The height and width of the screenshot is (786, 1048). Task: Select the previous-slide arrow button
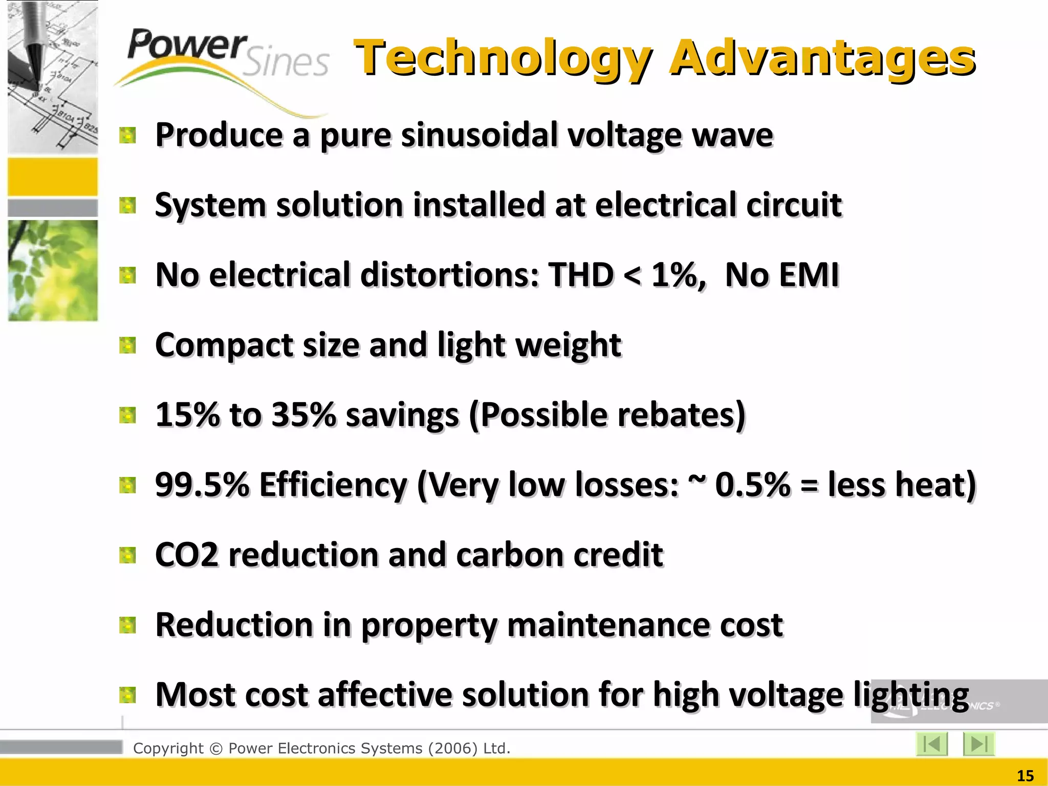click(x=932, y=744)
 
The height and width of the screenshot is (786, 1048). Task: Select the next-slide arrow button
click(x=978, y=744)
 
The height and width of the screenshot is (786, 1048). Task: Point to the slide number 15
click(x=1025, y=776)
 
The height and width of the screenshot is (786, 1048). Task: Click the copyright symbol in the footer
click(x=216, y=749)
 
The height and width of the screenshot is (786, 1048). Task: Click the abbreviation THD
click(x=581, y=275)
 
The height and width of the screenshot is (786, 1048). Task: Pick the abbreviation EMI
click(x=808, y=275)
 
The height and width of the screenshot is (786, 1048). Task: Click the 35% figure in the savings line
click(x=303, y=414)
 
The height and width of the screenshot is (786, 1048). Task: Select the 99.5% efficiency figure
click(x=202, y=484)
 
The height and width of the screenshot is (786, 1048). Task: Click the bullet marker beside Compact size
click(x=127, y=345)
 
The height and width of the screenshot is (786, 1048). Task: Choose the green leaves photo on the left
click(x=53, y=270)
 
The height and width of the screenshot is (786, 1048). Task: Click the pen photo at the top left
click(x=53, y=77)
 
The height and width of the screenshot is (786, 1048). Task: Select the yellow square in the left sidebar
click(x=53, y=177)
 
